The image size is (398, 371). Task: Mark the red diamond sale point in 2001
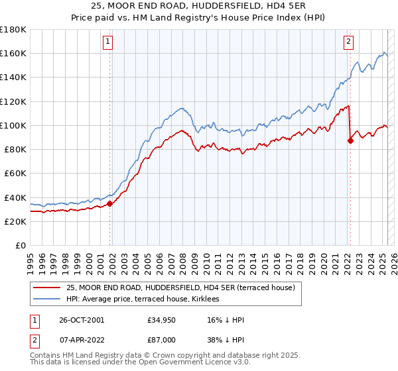point(110,203)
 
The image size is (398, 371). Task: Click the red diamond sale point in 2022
point(350,140)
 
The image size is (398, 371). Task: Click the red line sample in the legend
point(46,288)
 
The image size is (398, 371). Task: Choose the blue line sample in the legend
point(46,299)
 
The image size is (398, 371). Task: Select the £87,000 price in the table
point(162,339)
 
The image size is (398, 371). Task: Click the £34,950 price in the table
point(162,321)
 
